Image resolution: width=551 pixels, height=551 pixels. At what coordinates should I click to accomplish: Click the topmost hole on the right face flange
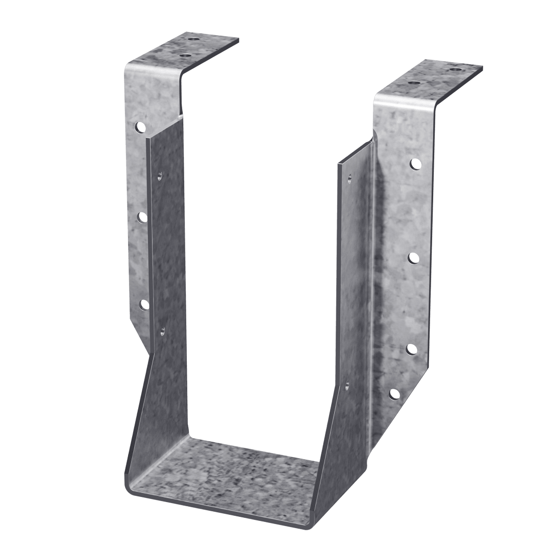click(415, 164)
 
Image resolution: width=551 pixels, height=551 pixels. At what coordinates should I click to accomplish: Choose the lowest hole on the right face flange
click(394, 393)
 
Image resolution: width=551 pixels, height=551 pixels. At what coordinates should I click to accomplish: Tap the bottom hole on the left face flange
click(144, 305)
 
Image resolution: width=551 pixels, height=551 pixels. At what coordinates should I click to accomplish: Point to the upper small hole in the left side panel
click(159, 175)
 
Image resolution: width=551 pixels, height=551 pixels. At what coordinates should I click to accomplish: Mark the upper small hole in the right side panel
click(350, 178)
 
